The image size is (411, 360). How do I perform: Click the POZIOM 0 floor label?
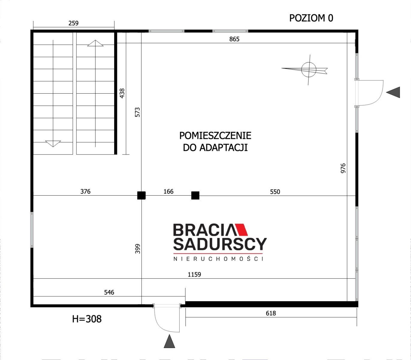click(x=311, y=18)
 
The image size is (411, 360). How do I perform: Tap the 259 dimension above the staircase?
click(x=73, y=23)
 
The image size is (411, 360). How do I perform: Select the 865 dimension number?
click(x=234, y=39)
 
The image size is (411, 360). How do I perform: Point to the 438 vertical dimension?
click(x=122, y=93)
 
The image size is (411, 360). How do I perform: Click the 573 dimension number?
click(x=137, y=112)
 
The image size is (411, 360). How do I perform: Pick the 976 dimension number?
click(x=343, y=168)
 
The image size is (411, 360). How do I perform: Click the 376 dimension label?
click(x=85, y=191)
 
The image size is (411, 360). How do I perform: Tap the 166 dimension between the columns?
click(x=168, y=191)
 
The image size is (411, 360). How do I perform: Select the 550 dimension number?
click(x=275, y=192)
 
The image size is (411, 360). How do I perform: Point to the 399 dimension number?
click(x=138, y=249)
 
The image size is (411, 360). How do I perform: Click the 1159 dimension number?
click(x=194, y=274)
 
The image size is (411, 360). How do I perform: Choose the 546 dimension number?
click(x=109, y=292)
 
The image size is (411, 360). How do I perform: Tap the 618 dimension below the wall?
click(x=271, y=313)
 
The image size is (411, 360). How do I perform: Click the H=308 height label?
click(x=87, y=319)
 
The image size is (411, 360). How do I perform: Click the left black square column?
click(x=141, y=195)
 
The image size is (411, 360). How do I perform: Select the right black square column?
click(x=195, y=195)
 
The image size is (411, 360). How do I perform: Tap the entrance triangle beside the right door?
click(x=393, y=92)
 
